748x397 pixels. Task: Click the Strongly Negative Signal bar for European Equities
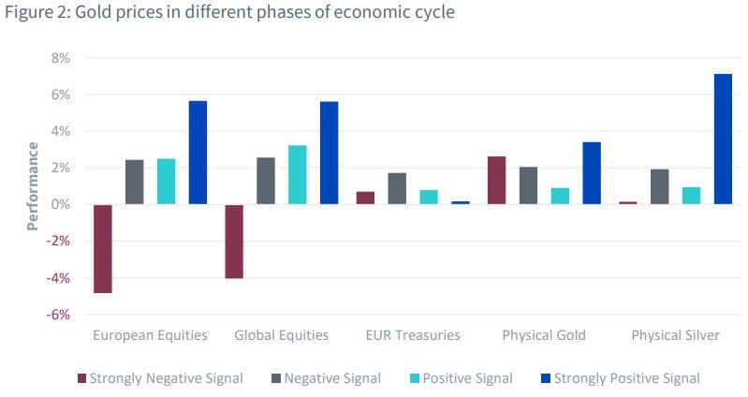(x=103, y=248)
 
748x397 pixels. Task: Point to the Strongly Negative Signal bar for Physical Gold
(x=496, y=180)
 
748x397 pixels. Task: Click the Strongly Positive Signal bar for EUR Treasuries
(x=461, y=202)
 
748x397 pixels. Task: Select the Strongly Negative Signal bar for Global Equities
(x=234, y=241)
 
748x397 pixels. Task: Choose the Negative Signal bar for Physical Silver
(x=659, y=186)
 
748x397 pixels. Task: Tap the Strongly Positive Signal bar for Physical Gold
(x=592, y=173)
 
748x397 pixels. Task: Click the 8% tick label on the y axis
(x=61, y=58)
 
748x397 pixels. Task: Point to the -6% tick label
(x=58, y=315)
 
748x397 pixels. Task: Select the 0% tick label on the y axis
(x=61, y=204)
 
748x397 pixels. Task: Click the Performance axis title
(x=33, y=185)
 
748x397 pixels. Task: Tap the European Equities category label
(x=150, y=335)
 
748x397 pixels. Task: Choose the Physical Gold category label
(x=544, y=335)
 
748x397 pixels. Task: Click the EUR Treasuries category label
(x=413, y=335)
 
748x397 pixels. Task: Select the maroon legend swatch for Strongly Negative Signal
(x=81, y=378)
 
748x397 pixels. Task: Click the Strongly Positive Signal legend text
(x=626, y=378)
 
